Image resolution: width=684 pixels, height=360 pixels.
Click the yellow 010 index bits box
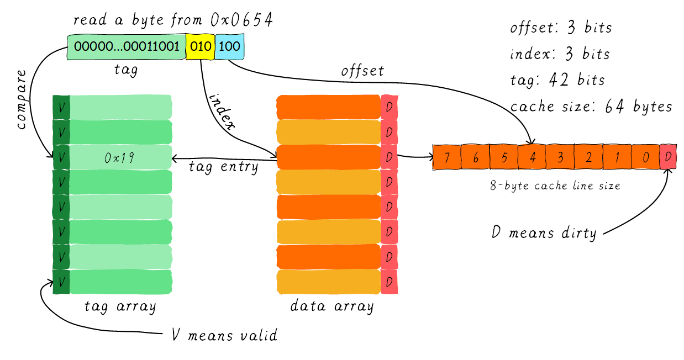[201, 46]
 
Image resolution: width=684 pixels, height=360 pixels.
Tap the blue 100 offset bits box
[229, 46]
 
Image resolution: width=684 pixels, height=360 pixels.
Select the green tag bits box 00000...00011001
[127, 46]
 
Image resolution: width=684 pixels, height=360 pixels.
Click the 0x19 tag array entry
[120, 157]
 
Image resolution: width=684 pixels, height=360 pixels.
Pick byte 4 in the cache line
[532, 157]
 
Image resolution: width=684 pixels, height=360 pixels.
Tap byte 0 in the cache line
[646, 157]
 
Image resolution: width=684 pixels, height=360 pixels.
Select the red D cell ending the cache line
[668, 157]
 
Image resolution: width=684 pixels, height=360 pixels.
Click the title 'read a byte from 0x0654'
[173, 20]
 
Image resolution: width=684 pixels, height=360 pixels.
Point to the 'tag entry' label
[223, 167]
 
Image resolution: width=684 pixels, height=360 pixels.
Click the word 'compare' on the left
[21, 99]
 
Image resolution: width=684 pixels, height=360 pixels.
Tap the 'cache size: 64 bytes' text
[591, 106]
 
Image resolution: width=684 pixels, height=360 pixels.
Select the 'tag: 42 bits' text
[557, 80]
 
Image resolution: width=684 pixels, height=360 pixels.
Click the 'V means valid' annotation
[224, 335]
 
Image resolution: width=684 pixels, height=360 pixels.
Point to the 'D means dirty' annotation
[544, 232]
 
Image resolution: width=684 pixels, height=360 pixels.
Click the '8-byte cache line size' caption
[555, 186]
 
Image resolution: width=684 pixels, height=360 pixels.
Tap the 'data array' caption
[332, 306]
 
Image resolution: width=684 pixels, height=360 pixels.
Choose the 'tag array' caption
[119, 306]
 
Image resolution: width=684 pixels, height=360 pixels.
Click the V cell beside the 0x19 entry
[61, 157]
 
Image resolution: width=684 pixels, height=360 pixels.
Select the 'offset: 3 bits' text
[561, 28]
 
